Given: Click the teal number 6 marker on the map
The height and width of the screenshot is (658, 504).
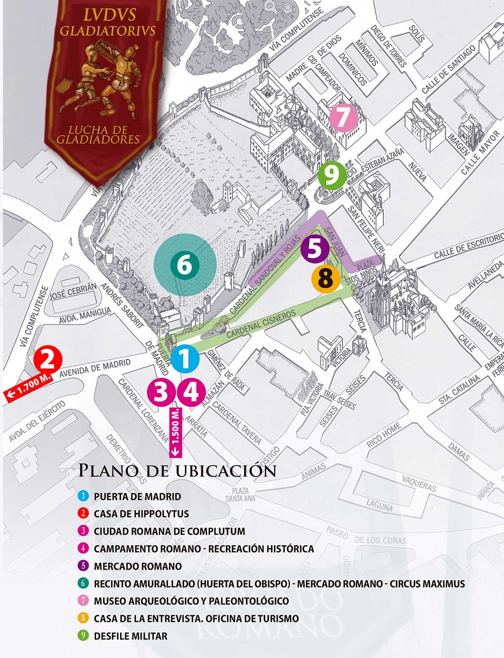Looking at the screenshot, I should tap(184, 265).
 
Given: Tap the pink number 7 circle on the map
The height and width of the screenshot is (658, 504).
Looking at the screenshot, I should tap(343, 118).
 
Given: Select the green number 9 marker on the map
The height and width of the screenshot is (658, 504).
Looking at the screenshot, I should tap(332, 175).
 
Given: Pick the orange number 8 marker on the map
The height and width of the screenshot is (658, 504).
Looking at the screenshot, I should tap(326, 278).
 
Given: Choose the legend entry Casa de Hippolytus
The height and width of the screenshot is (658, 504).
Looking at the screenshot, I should tap(141, 514).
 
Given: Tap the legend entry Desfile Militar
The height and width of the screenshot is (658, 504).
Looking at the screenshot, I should tap(130, 636).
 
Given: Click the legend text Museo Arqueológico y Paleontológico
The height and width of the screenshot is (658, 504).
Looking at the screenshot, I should tap(191, 601).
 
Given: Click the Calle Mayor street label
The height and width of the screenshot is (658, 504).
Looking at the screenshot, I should tap(480, 153).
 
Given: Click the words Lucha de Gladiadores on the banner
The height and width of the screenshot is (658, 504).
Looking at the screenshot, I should tap(98, 134).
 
